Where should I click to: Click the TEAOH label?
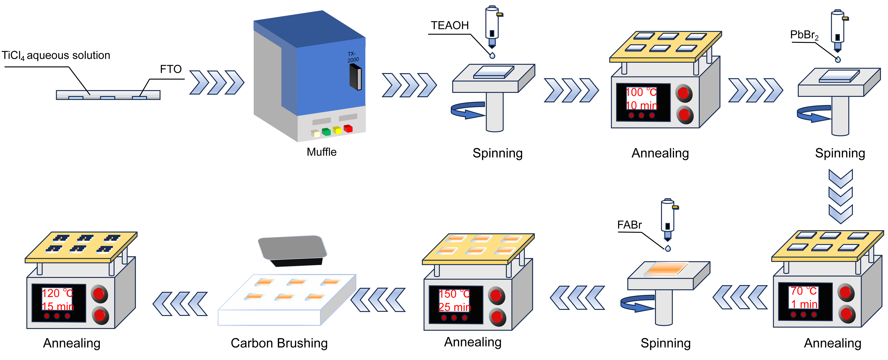click(450, 26)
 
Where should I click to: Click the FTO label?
click(171, 69)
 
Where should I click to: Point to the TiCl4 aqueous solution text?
click(56, 55)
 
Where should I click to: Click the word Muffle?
click(321, 152)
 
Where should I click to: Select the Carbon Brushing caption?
click(279, 343)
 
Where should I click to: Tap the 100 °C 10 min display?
click(641, 99)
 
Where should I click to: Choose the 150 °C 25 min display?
click(454, 300)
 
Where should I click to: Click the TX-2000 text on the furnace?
click(353, 57)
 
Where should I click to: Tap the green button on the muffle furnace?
click(326, 131)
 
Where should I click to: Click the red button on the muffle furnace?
click(348, 128)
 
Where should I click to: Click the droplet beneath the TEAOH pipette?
click(492, 55)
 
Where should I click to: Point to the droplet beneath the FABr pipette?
click(668, 248)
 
